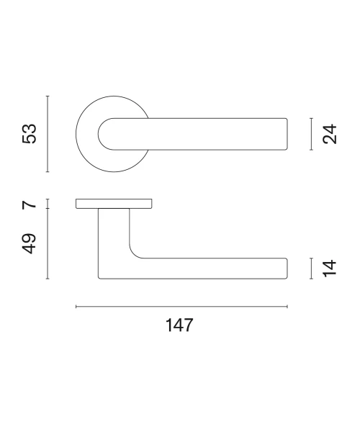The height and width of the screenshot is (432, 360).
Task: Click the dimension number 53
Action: [x=29, y=134]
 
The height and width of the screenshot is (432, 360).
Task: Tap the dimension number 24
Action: [x=330, y=134]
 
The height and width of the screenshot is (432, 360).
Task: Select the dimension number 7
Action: [x=29, y=204]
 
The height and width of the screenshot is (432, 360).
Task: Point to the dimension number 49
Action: [x=29, y=243]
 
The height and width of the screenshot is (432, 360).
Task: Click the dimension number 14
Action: [x=330, y=268]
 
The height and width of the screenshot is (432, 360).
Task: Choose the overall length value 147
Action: [x=179, y=325]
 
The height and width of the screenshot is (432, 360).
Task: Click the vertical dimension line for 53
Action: [x=48, y=134]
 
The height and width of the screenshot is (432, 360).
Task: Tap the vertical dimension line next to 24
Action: [x=311, y=134]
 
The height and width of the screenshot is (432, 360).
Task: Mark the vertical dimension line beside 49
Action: [x=48, y=243]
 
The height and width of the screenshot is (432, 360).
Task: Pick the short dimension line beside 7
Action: [x=48, y=204]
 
